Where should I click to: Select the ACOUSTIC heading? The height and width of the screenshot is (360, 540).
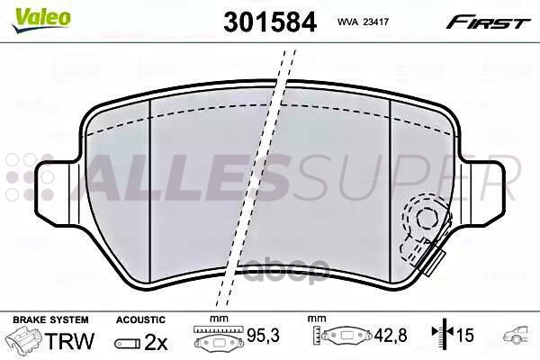(x=140, y=319)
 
